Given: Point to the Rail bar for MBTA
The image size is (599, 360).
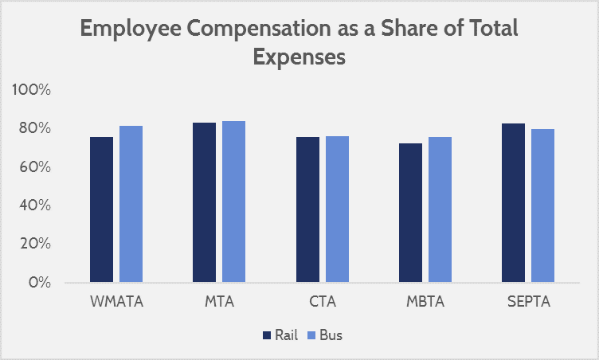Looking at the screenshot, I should point(410,213).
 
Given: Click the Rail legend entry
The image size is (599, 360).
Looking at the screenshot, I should point(280,335).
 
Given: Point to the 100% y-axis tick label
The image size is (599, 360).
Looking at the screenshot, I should point(32,90).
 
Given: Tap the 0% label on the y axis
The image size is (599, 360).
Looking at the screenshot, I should point(39,282).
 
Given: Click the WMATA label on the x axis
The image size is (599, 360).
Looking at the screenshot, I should point(115,303).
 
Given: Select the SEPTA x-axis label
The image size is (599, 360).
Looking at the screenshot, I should point(527,303).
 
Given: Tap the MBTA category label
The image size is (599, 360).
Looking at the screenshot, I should point(425,303).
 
